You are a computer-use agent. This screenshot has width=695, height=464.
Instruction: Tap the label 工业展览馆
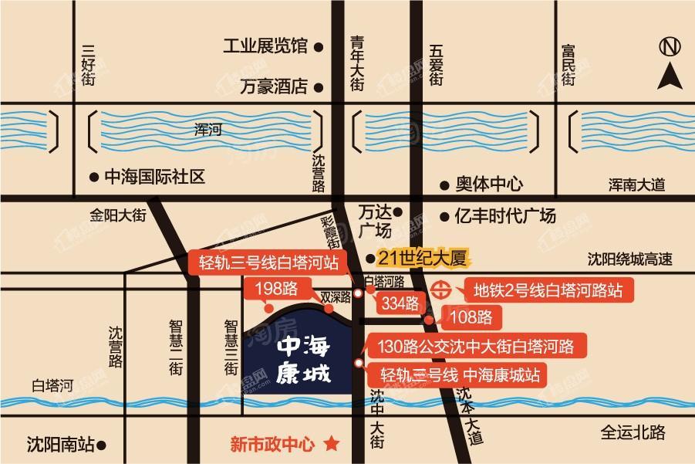point(265,46)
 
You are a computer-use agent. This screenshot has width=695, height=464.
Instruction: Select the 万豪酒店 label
point(273,86)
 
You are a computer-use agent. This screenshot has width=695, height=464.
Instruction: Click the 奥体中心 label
point(488,185)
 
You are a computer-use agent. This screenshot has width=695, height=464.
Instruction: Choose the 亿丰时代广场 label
point(505,217)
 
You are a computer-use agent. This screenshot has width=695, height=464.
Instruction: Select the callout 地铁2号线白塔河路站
point(548,292)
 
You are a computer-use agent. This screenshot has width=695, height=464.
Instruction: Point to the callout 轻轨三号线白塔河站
point(267,262)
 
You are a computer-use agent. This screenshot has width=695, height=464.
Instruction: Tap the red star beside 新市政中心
point(332,443)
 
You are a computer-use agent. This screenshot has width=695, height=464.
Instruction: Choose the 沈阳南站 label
point(61,445)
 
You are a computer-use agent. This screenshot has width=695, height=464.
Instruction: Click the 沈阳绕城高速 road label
point(629,259)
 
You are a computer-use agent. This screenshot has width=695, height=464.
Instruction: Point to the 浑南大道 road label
point(636,185)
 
